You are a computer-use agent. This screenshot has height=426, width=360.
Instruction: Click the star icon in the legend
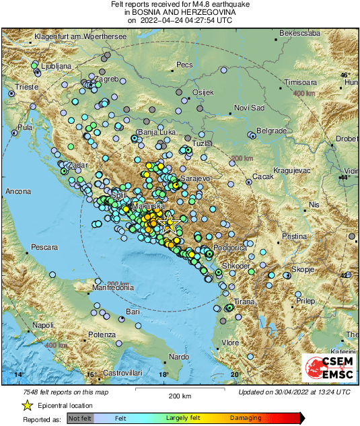[27, 405]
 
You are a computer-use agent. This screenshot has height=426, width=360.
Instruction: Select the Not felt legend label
[80, 418]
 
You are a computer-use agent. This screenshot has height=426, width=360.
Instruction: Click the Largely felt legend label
[183, 418]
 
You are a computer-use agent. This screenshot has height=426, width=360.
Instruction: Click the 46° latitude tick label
[345, 75]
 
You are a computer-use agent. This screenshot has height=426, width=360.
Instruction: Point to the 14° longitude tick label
[20, 374]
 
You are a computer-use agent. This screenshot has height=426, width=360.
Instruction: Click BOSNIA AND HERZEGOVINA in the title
[180, 12]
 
